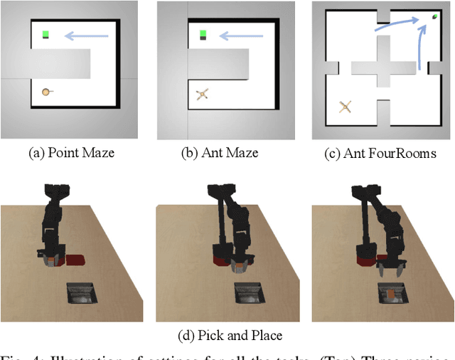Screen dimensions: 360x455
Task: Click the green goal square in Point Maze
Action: tap(45, 33)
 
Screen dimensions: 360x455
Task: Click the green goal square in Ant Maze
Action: tap(203, 33)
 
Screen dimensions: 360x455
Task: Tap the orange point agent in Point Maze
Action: tap(45, 91)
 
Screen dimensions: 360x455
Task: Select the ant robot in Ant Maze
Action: tap(202, 93)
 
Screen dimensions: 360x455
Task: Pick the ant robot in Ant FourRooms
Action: tap(346, 107)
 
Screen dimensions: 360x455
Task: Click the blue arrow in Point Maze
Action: tap(86, 33)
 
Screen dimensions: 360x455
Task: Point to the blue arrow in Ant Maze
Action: tap(242, 33)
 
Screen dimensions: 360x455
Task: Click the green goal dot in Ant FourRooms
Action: tap(434, 18)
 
